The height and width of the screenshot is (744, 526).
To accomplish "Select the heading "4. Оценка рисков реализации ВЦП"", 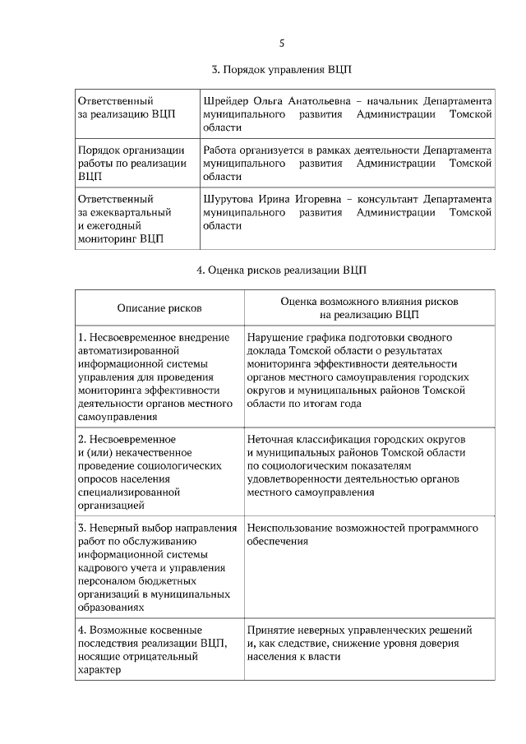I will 282,270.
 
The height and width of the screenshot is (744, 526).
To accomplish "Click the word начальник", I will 386,101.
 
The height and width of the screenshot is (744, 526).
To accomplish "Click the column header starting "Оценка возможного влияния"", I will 369,302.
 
